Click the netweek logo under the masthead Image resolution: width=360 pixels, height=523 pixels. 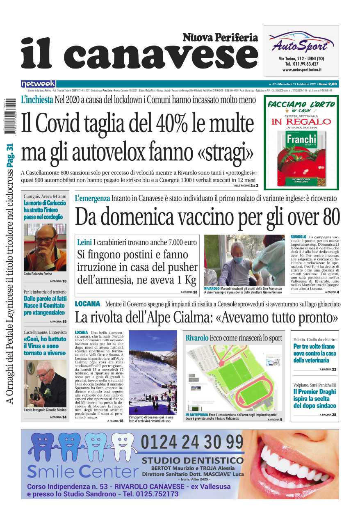38,84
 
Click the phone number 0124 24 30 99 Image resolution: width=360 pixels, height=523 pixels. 192,442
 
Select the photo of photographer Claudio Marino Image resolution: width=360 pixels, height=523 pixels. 45,384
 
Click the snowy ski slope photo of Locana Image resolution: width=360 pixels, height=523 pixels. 153,373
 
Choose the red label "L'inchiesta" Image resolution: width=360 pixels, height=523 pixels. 37,100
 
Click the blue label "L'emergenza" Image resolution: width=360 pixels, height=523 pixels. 92,198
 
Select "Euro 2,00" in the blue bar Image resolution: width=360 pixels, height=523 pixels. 328,84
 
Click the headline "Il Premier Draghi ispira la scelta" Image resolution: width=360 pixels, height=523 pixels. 314,398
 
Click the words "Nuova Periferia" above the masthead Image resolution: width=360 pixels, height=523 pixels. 220,38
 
